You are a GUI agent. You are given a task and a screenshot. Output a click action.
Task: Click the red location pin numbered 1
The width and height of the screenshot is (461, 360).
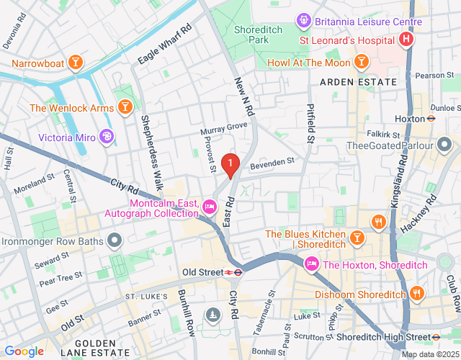230,166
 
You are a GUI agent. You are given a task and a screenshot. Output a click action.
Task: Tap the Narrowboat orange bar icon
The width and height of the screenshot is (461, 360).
76,64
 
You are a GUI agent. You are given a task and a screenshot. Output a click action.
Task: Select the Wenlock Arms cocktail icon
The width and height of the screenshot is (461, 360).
125,108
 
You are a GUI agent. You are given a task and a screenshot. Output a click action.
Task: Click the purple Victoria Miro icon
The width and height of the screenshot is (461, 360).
107,135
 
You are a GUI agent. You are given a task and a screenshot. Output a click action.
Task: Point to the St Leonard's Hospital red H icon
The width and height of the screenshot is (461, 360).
407,39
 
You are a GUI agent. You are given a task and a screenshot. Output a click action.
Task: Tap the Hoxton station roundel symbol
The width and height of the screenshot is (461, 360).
431,118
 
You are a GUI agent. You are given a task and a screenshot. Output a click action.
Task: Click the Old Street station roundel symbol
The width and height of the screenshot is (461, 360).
233,272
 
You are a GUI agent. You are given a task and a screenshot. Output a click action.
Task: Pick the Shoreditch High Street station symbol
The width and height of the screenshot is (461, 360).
437,336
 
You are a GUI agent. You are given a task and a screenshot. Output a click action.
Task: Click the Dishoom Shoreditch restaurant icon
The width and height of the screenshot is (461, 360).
416,292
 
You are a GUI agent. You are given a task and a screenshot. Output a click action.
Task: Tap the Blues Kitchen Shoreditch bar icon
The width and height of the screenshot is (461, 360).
357,236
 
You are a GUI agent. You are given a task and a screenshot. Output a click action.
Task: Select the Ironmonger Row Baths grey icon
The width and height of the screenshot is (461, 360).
114,240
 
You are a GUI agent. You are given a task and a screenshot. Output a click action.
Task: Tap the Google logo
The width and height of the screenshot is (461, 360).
24,351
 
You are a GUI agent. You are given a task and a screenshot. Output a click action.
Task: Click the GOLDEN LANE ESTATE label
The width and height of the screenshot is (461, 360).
91,349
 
